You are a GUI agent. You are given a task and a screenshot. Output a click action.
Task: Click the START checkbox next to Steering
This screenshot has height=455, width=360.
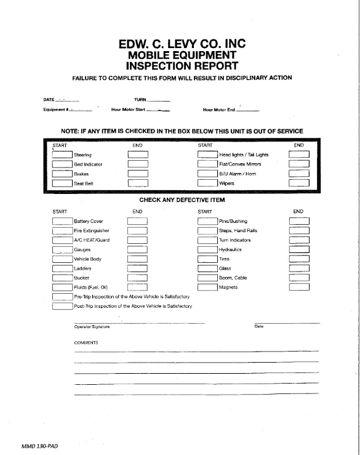coord(62,155)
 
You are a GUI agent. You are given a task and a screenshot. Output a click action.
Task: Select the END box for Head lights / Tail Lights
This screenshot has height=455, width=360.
coord(299,155)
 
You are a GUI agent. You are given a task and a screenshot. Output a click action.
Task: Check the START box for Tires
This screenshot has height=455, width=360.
coord(208,259)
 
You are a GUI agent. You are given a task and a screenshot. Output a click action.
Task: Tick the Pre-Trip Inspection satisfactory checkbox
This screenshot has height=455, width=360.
coord(62,296)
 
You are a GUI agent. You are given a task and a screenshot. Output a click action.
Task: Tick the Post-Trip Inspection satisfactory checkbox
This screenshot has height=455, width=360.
coord(62,305)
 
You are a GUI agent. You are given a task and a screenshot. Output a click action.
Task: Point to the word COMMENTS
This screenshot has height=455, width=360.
coord(86,342)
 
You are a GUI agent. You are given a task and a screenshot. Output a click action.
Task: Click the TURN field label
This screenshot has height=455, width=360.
coord(140,100)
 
